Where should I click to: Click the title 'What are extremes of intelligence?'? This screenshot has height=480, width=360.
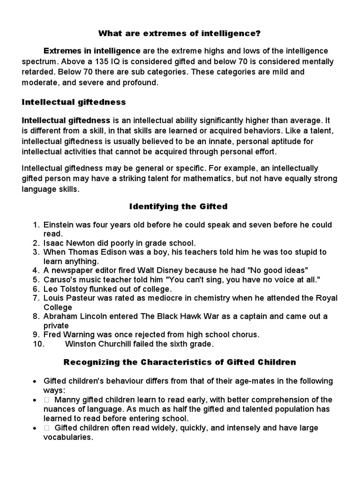tap(180, 34)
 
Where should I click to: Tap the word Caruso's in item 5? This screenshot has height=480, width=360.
tap(59, 279)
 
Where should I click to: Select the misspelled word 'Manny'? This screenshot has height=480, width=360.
tap(66, 400)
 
